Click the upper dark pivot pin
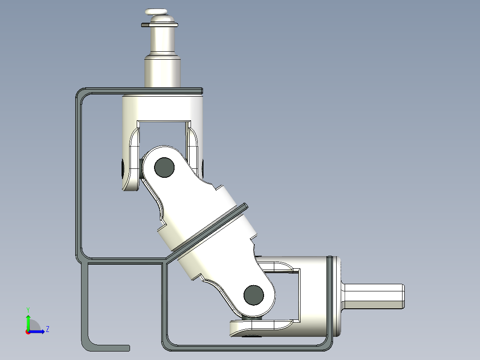164,167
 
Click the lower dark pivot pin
254,295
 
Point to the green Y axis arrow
28,321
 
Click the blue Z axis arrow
38,331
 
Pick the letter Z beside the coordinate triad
47,329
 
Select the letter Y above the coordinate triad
28,309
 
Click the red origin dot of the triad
28,331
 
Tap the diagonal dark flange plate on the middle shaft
209,228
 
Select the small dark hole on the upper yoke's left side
123,168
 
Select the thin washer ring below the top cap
159,25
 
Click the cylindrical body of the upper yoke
163,107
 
